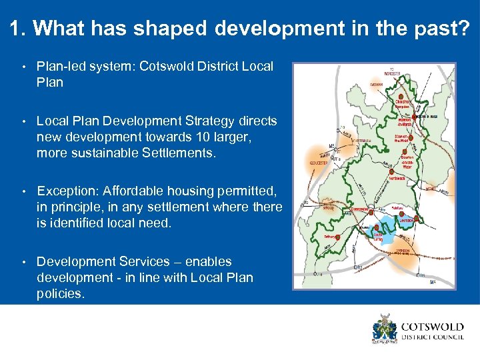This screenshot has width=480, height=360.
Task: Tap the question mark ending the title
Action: coord(464,28)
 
